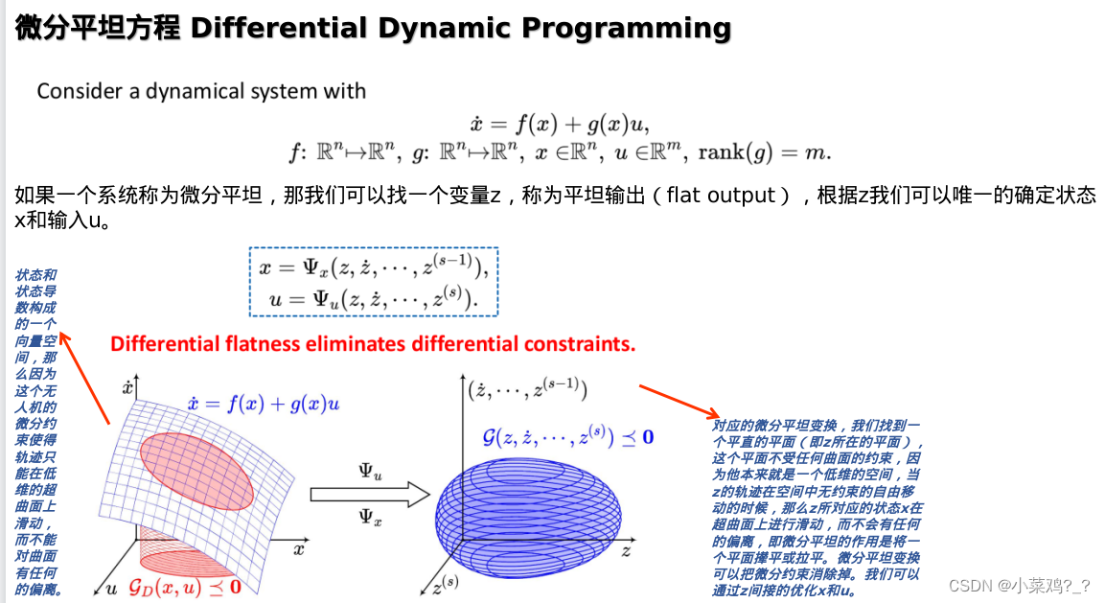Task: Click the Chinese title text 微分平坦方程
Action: click(x=98, y=29)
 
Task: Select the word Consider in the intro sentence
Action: click(x=79, y=92)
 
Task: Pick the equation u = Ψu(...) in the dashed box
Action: click(x=374, y=300)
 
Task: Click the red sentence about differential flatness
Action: click(x=373, y=343)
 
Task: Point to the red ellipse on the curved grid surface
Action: click(x=196, y=470)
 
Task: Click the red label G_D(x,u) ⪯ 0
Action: click(x=184, y=585)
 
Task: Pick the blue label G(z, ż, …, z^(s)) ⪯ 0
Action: click(x=567, y=437)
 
